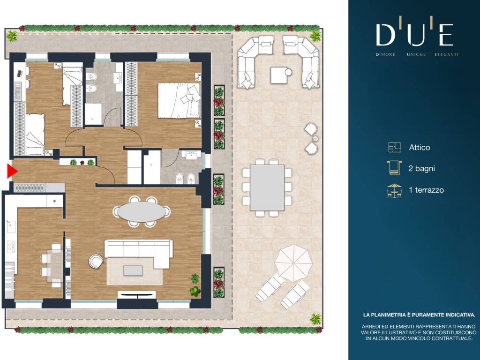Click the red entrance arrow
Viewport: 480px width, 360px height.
(x=11, y=172)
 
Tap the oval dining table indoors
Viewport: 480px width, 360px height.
(x=141, y=211)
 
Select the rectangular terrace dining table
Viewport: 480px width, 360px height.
(x=267, y=187)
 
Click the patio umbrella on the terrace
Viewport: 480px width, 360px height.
(x=293, y=262)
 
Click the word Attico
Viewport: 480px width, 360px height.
(x=420, y=148)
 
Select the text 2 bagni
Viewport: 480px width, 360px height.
(x=421, y=168)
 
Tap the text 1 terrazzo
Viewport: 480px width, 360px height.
(x=426, y=190)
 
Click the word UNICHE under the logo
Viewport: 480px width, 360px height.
(x=416, y=54)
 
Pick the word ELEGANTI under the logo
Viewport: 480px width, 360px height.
(x=447, y=54)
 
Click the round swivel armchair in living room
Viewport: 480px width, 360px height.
(x=96, y=262)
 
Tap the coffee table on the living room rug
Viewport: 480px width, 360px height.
(x=133, y=270)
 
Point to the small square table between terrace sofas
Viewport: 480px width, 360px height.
(x=280, y=75)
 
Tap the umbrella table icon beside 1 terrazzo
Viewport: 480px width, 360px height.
(x=394, y=190)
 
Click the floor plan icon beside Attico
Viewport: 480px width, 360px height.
(x=394, y=147)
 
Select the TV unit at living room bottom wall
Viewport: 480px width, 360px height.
(x=136, y=295)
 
